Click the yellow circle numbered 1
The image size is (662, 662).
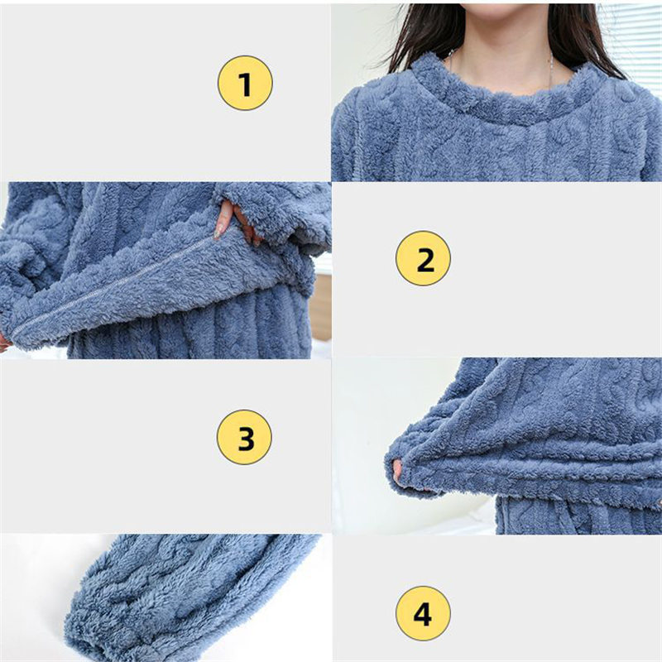245,84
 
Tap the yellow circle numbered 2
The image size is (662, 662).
423,258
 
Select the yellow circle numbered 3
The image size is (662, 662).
244,437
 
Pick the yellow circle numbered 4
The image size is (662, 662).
423,613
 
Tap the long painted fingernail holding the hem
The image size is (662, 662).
218,231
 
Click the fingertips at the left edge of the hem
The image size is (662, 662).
4,341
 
